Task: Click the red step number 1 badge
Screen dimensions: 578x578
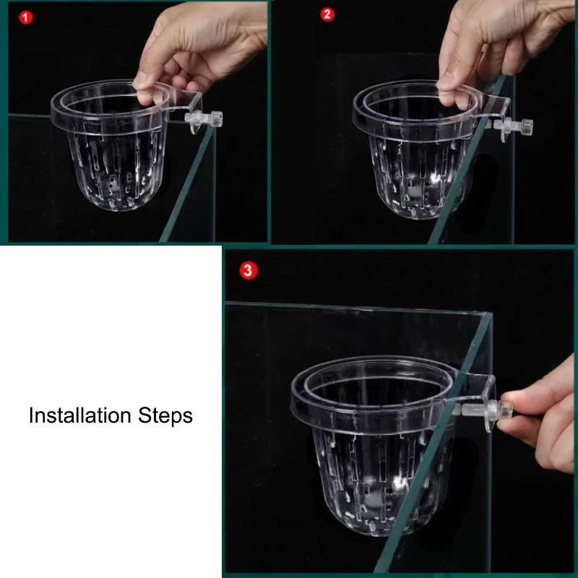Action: tap(26, 17)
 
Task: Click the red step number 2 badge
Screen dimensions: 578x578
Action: tap(327, 14)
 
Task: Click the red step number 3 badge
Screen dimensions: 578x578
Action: tap(249, 270)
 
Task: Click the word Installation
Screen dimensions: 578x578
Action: tap(80, 415)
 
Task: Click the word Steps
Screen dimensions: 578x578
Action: tap(165, 417)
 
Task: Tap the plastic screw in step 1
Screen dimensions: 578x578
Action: tap(204, 118)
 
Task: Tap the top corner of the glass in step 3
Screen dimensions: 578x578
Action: tap(492, 313)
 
